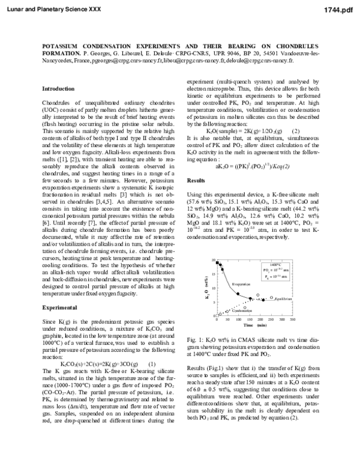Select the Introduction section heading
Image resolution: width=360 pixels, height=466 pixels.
58,88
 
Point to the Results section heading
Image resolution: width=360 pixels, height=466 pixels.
196,163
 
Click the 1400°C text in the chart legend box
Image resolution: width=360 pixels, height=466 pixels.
276,265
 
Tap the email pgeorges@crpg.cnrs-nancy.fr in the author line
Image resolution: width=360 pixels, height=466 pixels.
123,60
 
